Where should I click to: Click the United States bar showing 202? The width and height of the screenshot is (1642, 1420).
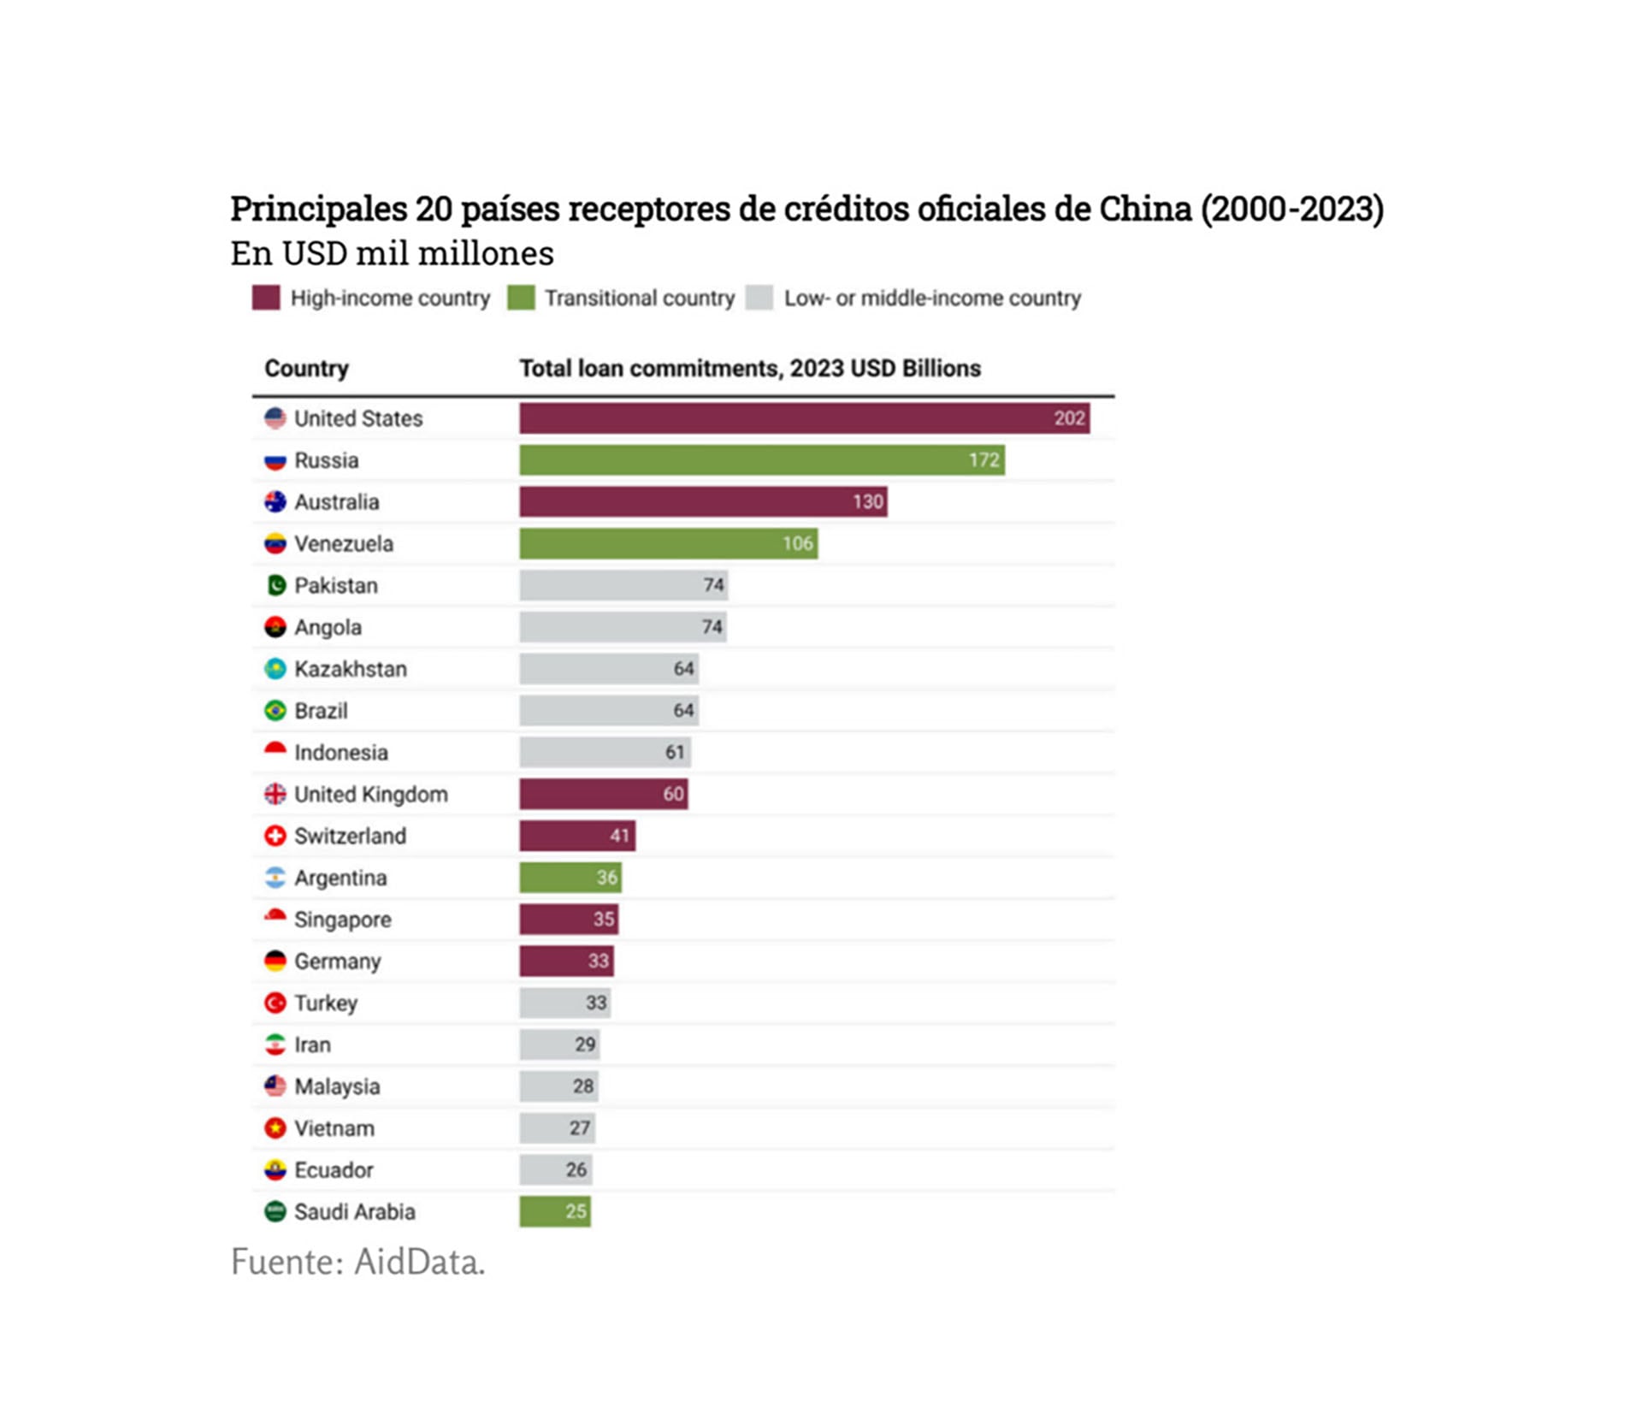point(804,418)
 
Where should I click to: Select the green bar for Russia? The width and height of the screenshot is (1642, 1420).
point(761,460)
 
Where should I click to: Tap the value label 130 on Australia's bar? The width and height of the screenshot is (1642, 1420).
point(867,502)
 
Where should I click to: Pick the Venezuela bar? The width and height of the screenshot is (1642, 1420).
point(667,544)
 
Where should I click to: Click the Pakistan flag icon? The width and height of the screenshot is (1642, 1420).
point(275,585)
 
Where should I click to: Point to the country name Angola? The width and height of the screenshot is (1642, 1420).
point(328,627)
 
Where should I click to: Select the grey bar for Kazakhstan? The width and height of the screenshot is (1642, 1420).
point(608,669)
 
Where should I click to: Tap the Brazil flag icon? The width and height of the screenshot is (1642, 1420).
point(275,711)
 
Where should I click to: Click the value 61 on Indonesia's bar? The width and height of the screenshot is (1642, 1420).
point(675,753)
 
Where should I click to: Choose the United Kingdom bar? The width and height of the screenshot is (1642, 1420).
point(603,794)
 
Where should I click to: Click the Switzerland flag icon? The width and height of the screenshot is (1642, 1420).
point(275,836)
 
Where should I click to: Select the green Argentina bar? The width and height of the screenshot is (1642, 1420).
point(570,878)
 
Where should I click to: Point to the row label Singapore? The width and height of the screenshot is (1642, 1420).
point(342,920)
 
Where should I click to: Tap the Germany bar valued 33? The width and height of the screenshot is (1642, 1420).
point(565,961)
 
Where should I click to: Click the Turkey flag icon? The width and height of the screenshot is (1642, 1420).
point(275,1003)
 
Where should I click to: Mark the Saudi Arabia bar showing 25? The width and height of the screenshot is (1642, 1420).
point(554,1211)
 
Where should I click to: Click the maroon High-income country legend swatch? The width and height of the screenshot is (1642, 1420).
point(266,298)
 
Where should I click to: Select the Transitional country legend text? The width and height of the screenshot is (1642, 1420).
point(639,298)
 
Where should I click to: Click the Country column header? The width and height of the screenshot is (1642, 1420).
point(306,368)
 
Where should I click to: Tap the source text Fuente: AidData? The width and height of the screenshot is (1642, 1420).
point(357,1262)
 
